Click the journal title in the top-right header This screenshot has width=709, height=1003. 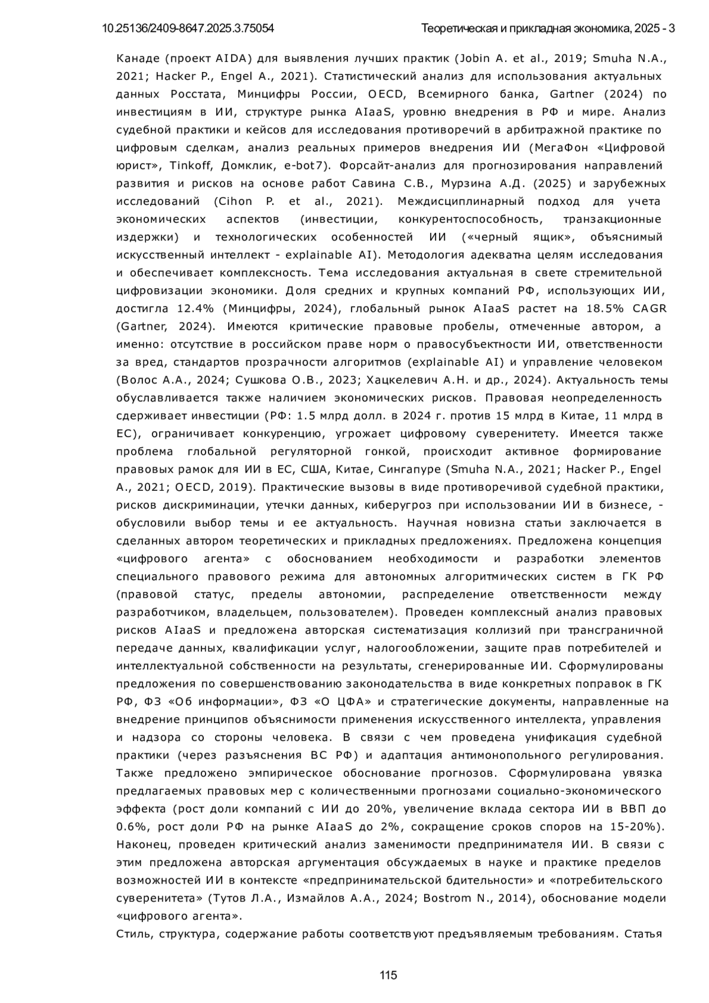(548, 28)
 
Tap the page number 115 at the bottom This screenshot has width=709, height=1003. (388, 975)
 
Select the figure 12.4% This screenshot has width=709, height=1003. (194, 308)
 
